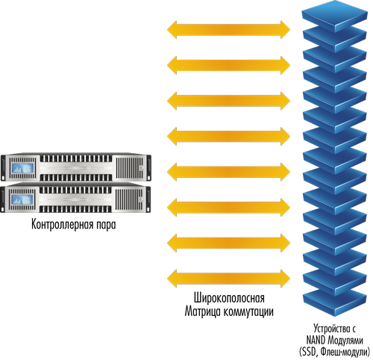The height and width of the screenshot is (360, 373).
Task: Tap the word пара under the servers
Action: click(x=105, y=225)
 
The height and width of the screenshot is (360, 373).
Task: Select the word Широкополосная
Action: click(x=229, y=298)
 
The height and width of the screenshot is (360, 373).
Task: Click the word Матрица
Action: click(x=202, y=311)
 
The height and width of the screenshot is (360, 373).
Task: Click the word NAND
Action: click(x=316, y=340)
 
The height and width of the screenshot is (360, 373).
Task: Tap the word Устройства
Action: click(x=330, y=329)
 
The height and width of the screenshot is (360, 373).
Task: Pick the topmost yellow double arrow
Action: click(x=228, y=30)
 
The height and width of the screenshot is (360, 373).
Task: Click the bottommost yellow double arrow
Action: click(x=228, y=279)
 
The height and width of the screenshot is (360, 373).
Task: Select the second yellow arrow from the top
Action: click(x=228, y=65)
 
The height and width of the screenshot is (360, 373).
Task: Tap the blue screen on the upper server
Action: click(x=22, y=168)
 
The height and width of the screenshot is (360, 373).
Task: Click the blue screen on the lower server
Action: click(x=22, y=199)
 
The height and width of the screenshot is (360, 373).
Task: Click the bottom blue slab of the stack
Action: click(x=335, y=302)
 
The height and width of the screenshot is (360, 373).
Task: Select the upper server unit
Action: click(x=76, y=167)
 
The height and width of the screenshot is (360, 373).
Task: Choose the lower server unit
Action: click(x=76, y=198)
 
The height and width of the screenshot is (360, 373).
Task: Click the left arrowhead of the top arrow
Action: click(x=172, y=30)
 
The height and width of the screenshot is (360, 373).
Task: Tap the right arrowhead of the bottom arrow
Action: click(x=286, y=279)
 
